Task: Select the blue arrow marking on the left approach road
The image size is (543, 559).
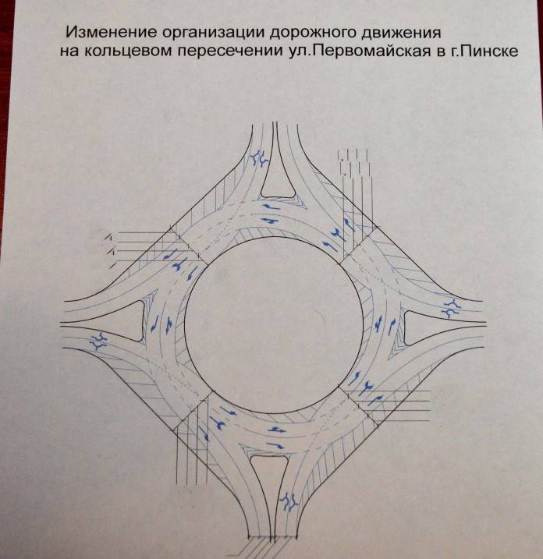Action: [x=99, y=339]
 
